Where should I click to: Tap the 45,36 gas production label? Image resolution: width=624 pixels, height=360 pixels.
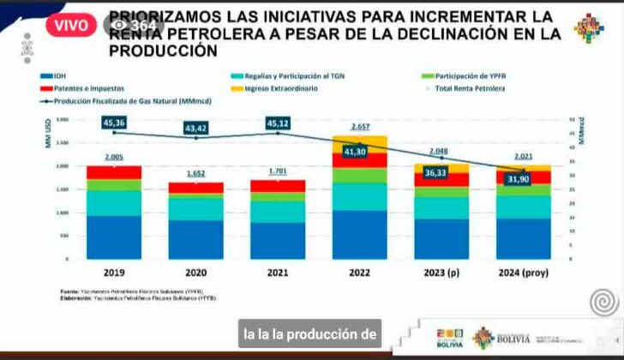(114, 123)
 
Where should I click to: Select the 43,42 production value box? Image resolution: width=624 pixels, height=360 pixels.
(195, 129)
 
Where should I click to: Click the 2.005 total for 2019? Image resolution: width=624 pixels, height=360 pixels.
(114, 158)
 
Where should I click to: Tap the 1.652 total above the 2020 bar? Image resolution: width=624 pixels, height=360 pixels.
(195, 174)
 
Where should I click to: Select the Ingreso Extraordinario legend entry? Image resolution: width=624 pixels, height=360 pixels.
(275, 88)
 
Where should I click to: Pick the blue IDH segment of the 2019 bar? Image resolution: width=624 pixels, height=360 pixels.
(114, 237)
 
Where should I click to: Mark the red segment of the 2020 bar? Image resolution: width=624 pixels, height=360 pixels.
(195, 187)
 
